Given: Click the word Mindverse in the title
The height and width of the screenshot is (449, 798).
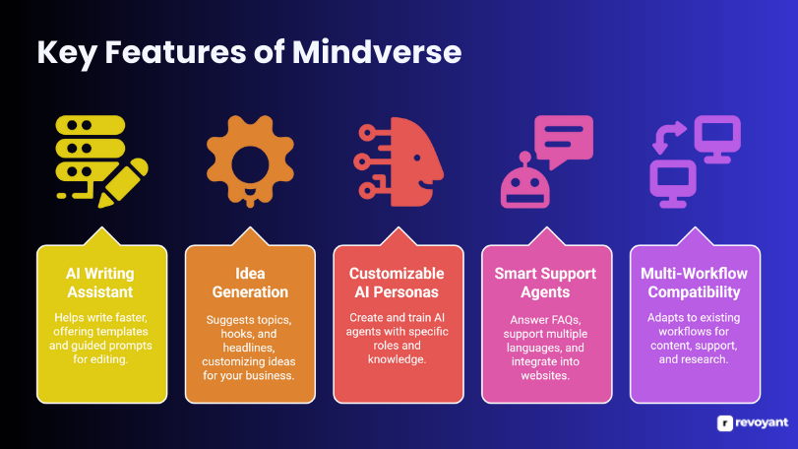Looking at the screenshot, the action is [377, 52].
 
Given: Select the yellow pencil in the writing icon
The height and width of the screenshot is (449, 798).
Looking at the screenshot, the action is [124, 182].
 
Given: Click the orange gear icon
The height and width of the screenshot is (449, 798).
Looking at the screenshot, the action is [250, 160].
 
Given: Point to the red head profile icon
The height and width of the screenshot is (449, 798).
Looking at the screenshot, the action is [399, 161].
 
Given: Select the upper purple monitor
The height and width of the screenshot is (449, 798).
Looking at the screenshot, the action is [717, 139].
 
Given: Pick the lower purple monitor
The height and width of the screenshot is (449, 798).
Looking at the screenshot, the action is [673, 183].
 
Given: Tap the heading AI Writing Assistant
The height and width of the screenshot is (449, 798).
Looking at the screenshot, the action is [100, 283].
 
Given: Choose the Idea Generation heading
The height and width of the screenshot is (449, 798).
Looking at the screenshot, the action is [250, 283].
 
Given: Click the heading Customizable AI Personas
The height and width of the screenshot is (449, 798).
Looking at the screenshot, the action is [397, 283].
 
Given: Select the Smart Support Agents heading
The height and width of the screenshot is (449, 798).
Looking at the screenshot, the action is [545, 283].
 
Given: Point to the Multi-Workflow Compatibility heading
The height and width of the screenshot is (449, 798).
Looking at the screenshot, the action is [694, 283].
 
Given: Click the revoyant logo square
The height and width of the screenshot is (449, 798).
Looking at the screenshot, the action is [725, 423].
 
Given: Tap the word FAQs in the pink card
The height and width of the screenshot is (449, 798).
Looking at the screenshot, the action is [566, 320].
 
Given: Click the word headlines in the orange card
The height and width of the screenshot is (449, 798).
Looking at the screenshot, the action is [249, 348].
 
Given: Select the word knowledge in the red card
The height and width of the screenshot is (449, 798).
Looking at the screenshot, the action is [397, 359].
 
